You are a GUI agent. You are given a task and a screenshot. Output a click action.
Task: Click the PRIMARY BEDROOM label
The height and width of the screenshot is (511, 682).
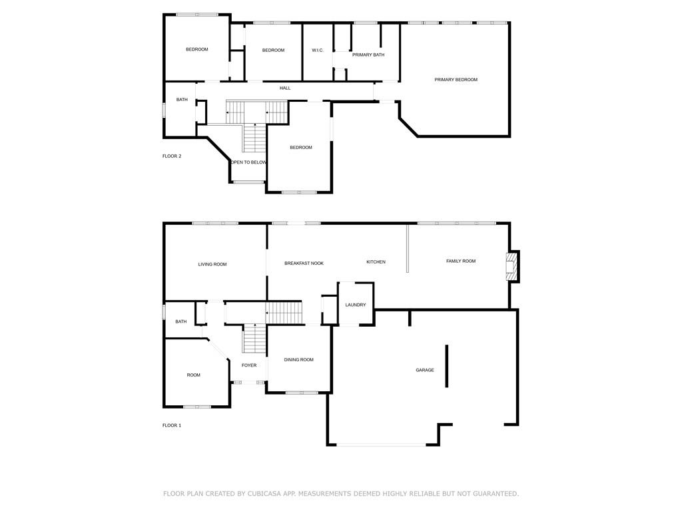pyautogui.click(x=456, y=80)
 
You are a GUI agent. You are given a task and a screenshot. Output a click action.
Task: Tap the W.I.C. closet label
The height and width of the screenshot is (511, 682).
pyautogui.click(x=318, y=51)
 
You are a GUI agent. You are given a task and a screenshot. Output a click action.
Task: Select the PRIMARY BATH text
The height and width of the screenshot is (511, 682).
pyautogui.click(x=368, y=55)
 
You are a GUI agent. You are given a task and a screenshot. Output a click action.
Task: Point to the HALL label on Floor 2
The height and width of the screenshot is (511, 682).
pyautogui.click(x=285, y=88)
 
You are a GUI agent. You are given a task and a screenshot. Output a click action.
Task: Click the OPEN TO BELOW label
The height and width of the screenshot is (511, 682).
pyautogui.click(x=248, y=162)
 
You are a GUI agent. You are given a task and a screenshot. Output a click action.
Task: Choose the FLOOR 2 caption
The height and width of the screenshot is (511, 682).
pyautogui.click(x=172, y=156)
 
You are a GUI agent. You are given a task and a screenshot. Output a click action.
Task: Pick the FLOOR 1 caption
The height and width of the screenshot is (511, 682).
pyautogui.click(x=172, y=425)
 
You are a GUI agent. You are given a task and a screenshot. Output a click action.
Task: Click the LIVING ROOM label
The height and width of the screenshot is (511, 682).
pyautogui.click(x=212, y=264)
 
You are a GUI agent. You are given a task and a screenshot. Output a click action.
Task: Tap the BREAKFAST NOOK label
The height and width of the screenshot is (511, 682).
pyautogui.click(x=304, y=263)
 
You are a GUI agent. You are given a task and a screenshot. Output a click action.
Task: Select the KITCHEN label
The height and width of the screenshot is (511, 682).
pyautogui.click(x=376, y=262)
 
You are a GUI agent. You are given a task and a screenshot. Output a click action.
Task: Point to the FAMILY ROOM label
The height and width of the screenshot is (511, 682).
pyautogui.click(x=461, y=261)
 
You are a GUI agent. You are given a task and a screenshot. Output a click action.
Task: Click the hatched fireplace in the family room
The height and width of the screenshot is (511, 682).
pyautogui.click(x=511, y=266)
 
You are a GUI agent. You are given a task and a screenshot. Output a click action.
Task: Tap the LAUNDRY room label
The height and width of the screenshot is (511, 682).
pyautogui.click(x=356, y=305)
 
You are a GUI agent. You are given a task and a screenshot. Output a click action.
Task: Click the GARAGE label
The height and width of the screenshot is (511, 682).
pyautogui.click(x=424, y=370)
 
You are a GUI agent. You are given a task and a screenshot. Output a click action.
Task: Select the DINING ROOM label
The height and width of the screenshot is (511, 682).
pyautogui.click(x=298, y=360)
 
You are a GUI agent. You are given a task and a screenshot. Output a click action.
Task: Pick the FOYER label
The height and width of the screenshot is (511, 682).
pyautogui.click(x=249, y=365)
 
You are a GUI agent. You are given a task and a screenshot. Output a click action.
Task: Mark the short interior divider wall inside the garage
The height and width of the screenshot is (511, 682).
pyautogui.click(x=447, y=366)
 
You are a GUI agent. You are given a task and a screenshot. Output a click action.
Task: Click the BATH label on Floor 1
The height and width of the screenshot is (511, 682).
pyautogui.click(x=181, y=321)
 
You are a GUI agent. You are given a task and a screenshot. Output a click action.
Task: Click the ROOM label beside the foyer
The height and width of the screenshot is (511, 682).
pyautogui.click(x=194, y=375)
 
